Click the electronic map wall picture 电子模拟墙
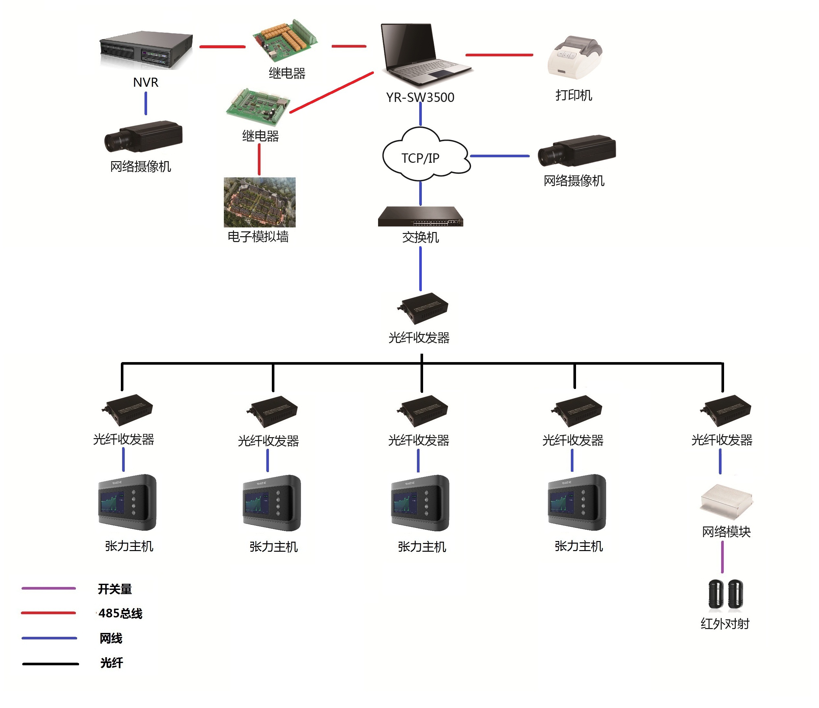click(x=260, y=202)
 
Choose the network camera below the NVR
click(x=143, y=137)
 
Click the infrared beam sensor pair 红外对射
click(x=725, y=593)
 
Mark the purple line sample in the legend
click(x=49, y=588)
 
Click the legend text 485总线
click(x=120, y=613)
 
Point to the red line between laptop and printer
click(x=499, y=55)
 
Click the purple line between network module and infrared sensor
click(x=722, y=557)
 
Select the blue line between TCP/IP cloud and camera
click(x=500, y=156)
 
